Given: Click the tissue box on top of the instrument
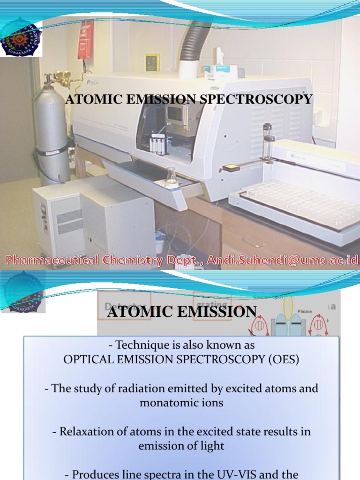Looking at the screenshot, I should point(217,70).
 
